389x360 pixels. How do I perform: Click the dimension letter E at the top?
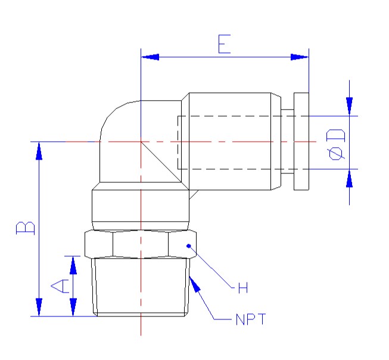[x=224, y=45]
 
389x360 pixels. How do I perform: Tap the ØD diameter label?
[x=337, y=144]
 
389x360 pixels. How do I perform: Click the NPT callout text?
[x=249, y=320]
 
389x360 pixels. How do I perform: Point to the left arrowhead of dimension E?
[x=149, y=57]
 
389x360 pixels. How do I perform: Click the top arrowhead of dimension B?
[x=39, y=150]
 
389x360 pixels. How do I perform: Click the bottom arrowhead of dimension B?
[x=39, y=308]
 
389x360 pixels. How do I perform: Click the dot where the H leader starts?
[x=188, y=245]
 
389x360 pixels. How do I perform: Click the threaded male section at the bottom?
[x=141, y=286]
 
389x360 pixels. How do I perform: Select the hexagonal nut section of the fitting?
[x=141, y=244]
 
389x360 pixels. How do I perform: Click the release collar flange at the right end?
[x=301, y=142]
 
